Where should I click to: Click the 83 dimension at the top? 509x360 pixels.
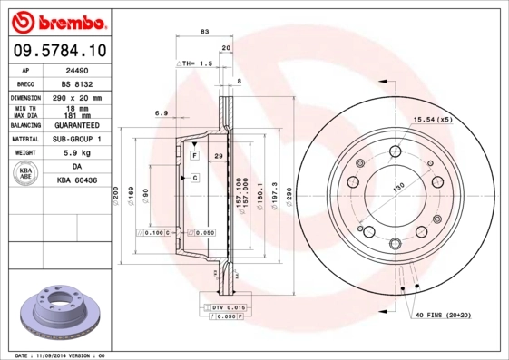pyautogui.click(x=204, y=31)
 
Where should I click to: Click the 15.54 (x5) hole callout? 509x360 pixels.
pyautogui.click(x=434, y=120)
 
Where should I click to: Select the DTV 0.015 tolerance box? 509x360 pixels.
pyautogui.click(x=229, y=308)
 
